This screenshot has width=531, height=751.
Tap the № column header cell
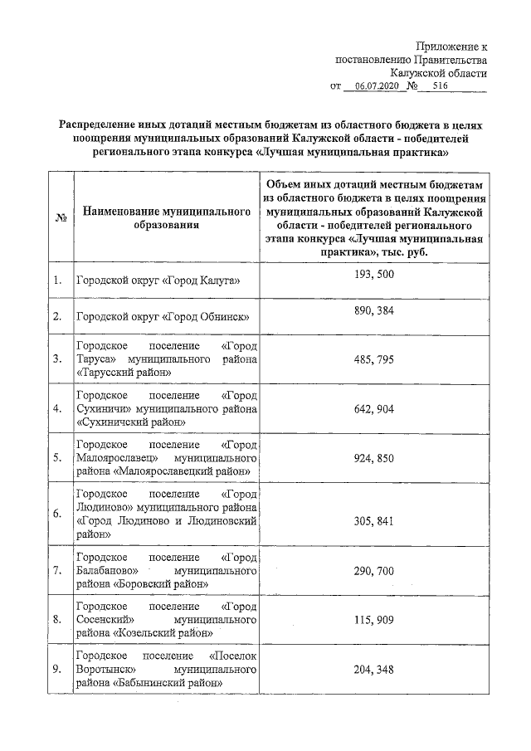coord(60,218)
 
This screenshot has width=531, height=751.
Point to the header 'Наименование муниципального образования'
coord(167,219)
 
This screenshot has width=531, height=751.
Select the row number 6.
coord(57,514)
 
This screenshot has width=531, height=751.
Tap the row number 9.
coord(57,668)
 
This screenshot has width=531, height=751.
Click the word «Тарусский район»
coord(124,373)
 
